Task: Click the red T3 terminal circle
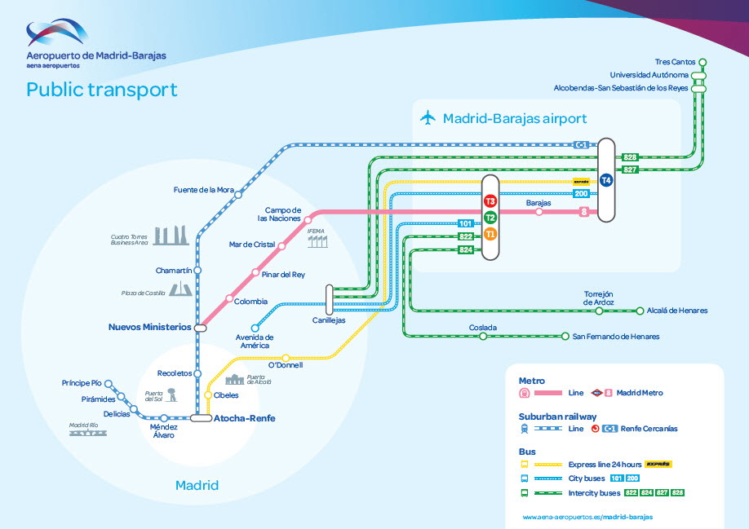click(x=490, y=201)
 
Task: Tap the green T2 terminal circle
click(x=490, y=218)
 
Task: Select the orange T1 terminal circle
click(x=490, y=234)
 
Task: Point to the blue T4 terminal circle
click(x=605, y=181)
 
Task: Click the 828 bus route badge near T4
click(x=630, y=157)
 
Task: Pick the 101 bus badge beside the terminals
click(x=466, y=223)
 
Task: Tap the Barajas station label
click(x=538, y=202)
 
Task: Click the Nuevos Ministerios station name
click(x=149, y=327)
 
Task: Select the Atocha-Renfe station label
click(x=244, y=418)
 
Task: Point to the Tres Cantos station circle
click(x=702, y=62)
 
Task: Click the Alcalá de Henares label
click(x=677, y=311)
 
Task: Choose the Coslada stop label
click(x=483, y=328)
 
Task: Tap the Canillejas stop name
click(x=330, y=320)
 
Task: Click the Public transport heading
click(x=101, y=90)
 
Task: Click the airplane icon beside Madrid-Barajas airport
click(x=428, y=118)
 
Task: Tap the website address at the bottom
click(x=587, y=517)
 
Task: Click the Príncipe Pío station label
click(x=82, y=382)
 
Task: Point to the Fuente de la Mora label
click(x=203, y=190)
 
